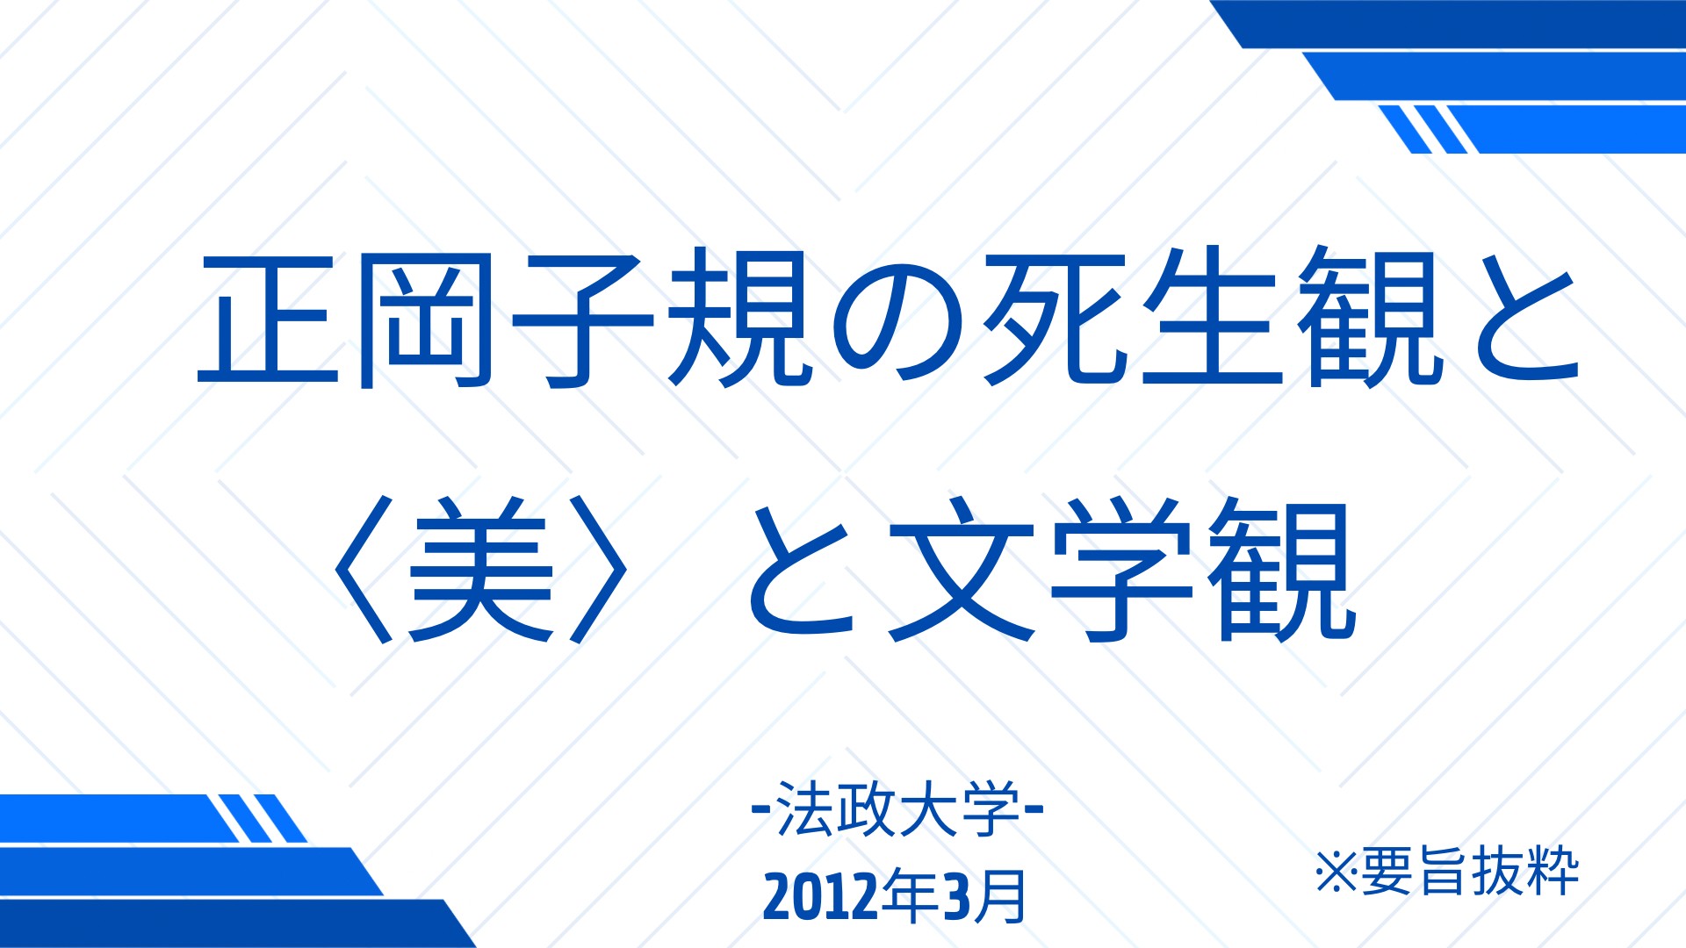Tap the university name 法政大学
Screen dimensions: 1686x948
click(898, 809)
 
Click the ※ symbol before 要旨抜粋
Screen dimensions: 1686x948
click(1337, 872)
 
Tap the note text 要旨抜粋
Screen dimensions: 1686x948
click(1470, 871)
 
